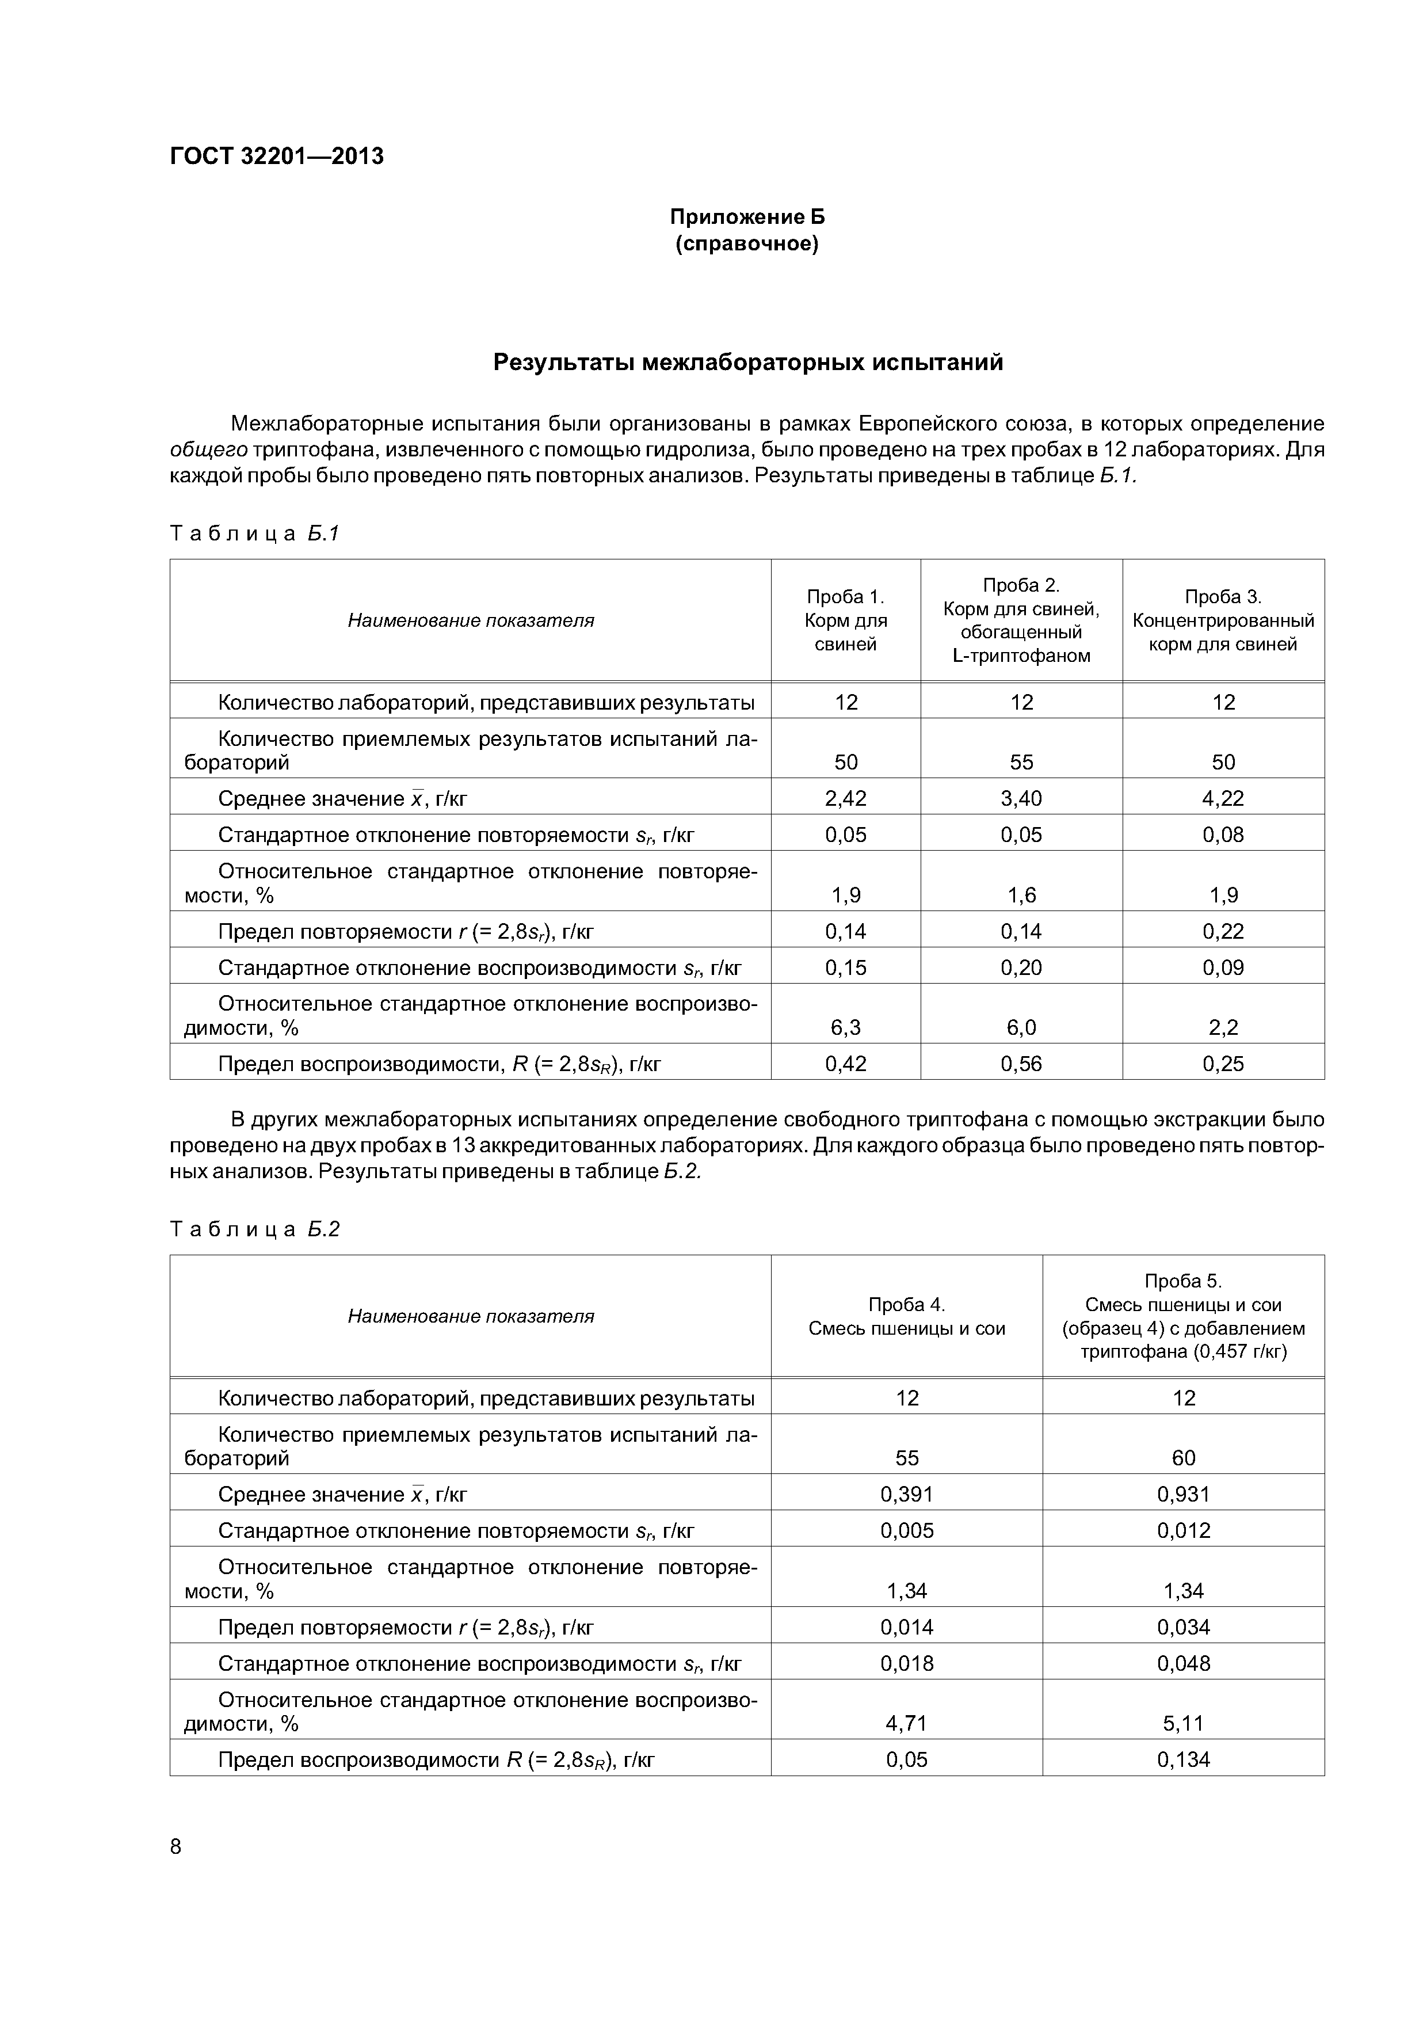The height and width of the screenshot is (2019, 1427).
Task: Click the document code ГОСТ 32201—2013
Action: pyautogui.click(x=276, y=157)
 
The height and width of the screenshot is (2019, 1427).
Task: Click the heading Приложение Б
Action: pyautogui.click(x=746, y=217)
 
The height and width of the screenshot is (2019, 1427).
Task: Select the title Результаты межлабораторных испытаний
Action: pyautogui.click(x=747, y=362)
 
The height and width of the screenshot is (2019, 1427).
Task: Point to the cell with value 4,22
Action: pyautogui.click(x=1222, y=798)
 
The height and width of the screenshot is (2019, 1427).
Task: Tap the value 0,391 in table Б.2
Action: pyautogui.click(x=906, y=1494)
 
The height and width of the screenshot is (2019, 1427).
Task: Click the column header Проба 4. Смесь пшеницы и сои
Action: pyautogui.click(x=906, y=1316)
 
